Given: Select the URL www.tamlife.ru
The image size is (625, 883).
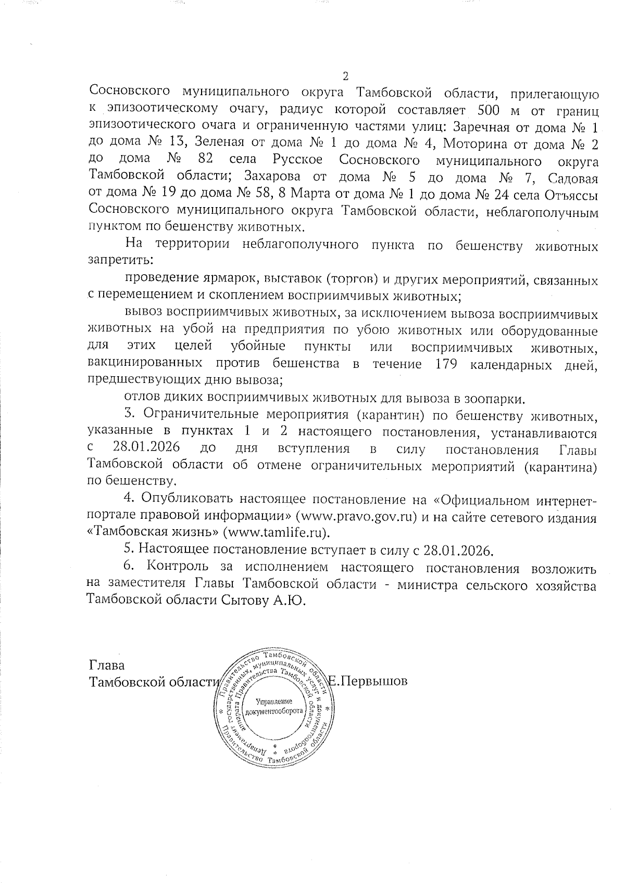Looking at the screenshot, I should (x=277, y=532).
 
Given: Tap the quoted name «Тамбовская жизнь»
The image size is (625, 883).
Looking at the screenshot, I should (x=153, y=532).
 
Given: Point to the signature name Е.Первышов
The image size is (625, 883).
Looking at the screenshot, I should (x=368, y=682).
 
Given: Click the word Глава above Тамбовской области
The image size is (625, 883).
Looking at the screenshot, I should (x=107, y=666).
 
